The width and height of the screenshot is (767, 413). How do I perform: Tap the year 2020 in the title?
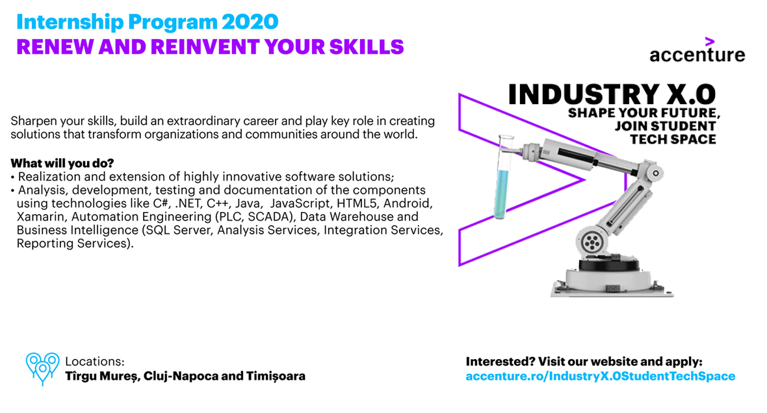250,22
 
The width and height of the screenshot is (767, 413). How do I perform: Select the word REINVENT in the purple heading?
205,47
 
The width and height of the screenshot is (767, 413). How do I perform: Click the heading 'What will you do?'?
62,163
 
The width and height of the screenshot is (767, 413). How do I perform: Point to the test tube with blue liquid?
503,177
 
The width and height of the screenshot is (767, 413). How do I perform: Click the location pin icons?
42,369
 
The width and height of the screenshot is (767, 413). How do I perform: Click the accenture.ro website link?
600,377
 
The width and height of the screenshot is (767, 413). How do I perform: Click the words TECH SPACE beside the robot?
673,139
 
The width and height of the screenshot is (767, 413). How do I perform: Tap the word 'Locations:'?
95,362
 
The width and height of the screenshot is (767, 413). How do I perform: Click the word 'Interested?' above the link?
500,362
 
